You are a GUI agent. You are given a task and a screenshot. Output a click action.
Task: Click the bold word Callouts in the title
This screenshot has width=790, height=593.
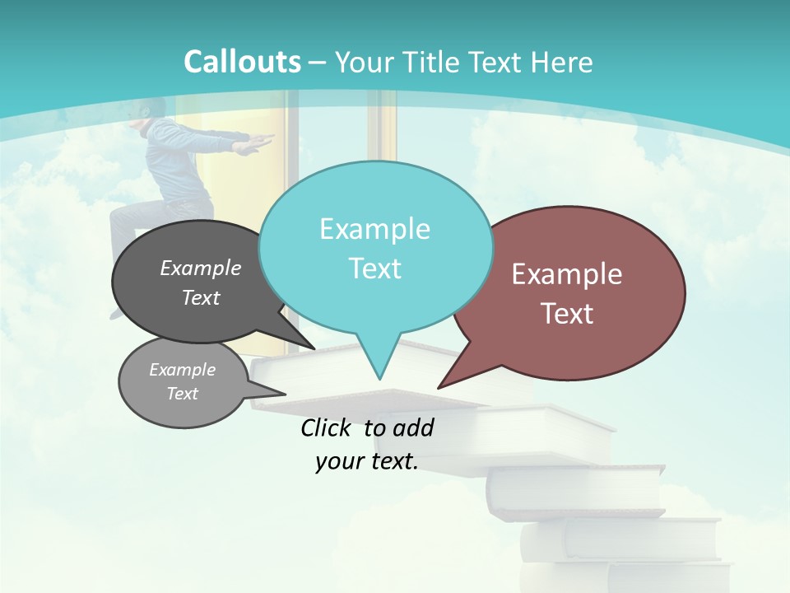(x=242, y=62)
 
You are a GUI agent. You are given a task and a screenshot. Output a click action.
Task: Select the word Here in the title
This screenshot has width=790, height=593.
(x=563, y=62)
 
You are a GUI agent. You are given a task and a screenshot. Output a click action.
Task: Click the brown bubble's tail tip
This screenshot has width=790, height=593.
(x=439, y=387)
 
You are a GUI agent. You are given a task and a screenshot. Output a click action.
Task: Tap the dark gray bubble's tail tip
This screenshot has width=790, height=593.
(x=314, y=348)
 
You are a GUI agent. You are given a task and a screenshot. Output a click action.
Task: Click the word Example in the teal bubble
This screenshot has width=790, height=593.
(x=374, y=229)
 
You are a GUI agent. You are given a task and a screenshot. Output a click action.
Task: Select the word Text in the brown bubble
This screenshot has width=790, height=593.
(x=568, y=314)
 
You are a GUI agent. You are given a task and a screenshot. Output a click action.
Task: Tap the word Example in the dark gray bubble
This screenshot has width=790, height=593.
(x=201, y=268)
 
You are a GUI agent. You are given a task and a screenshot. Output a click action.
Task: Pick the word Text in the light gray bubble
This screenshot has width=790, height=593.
(x=183, y=394)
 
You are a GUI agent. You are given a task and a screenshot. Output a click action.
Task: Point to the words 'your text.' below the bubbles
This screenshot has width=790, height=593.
(x=367, y=461)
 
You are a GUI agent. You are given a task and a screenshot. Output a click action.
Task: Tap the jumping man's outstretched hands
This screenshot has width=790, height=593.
(x=257, y=145)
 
